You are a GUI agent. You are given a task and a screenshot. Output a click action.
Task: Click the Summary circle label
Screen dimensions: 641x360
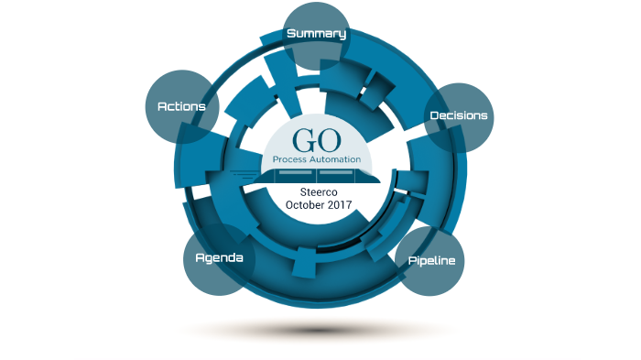(x=317, y=34)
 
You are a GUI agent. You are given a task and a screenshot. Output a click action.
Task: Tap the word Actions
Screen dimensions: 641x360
(x=181, y=106)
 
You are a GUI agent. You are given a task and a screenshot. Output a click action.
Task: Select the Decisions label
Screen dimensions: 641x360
(x=459, y=116)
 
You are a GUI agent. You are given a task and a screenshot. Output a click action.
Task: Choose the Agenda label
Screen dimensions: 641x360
(x=219, y=257)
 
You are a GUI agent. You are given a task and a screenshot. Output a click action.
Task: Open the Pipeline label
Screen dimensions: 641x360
(x=430, y=261)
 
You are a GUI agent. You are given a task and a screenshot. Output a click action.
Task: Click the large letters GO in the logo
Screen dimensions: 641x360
(x=316, y=141)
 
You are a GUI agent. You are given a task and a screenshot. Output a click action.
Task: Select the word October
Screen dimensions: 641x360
(x=304, y=205)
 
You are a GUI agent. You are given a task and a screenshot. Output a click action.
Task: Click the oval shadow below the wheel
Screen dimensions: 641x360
(x=316, y=328)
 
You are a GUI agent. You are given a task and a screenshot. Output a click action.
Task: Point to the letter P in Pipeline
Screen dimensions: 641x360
(x=412, y=260)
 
